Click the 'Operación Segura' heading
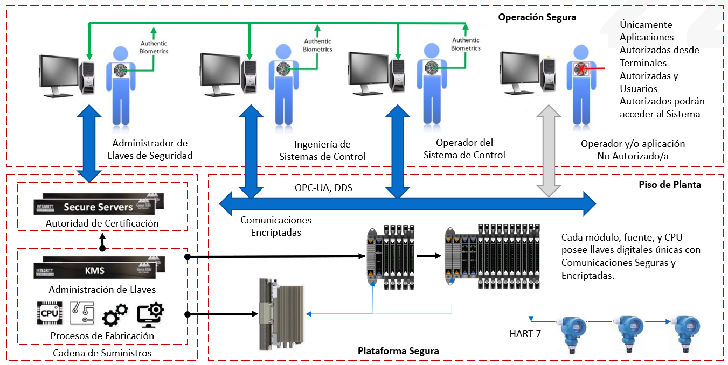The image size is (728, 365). click(x=537, y=17)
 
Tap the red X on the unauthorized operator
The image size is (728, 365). click(x=581, y=69)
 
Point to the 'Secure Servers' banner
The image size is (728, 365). click(x=98, y=207)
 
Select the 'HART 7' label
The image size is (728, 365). click(x=525, y=334)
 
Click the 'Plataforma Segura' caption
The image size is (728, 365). click(x=398, y=351)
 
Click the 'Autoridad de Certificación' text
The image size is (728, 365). click(x=102, y=223)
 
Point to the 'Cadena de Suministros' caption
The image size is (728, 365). click(x=102, y=353)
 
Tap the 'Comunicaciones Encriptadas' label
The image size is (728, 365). click(x=276, y=226)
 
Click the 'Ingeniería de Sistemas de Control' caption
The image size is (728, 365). click(x=322, y=150)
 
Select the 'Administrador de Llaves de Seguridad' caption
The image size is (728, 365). click(x=150, y=149)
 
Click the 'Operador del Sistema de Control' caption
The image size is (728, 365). click(x=464, y=149)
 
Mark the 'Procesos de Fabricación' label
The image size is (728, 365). click(x=102, y=336)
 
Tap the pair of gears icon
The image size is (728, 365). click(x=115, y=314)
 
